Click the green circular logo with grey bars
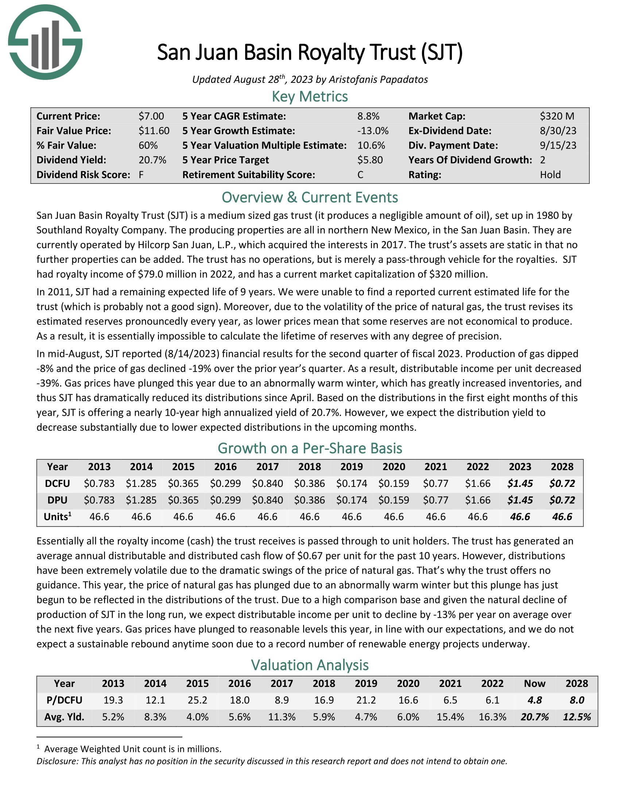point(45,42)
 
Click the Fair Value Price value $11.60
point(154,131)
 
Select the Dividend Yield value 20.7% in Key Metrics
point(152,160)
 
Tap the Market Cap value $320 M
point(557,116)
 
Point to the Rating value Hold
point(550,174)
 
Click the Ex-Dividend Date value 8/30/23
point(558,131)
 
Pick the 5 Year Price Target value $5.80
point(370,160)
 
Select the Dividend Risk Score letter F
point(141,174)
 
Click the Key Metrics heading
point(310,97)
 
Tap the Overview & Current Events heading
point(310,197)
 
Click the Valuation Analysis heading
point(310,665)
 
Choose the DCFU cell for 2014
point(141,483)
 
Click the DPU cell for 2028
point(562,500)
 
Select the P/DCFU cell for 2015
point(197,700)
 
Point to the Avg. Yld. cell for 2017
point(282,717)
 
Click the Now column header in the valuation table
point(534,684)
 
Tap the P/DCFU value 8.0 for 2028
point(577,700)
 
